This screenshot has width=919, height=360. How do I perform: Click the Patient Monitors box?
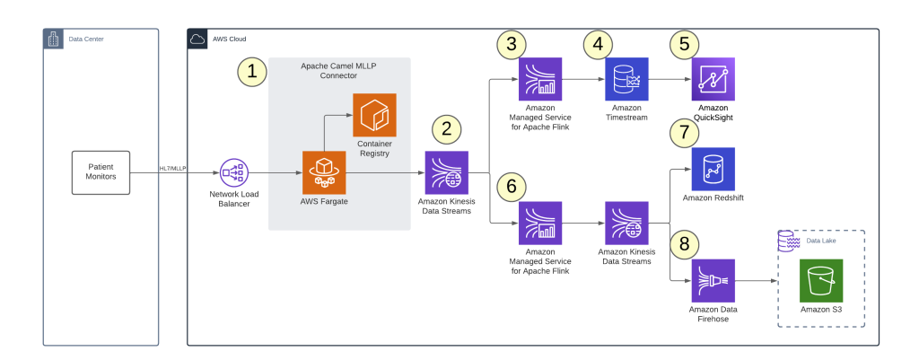click(101, 171)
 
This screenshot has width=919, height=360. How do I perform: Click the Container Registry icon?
click(374, 115)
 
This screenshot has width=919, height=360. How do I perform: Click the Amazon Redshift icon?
click(713, 169)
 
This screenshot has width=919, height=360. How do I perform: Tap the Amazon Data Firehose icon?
click(713, 280)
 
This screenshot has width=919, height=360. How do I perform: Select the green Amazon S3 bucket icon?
click(821, 280)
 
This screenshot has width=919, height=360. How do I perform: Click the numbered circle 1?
click(253, 72)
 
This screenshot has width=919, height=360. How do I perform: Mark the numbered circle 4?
click(599, 43)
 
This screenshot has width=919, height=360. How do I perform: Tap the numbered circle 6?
click(512, 186)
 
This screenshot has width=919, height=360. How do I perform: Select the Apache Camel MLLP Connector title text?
click(338, 72)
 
